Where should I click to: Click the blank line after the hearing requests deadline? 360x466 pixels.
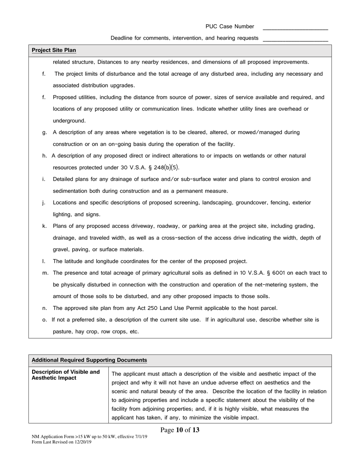tap(295, 39)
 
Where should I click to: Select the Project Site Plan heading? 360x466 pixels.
tap(54, 50)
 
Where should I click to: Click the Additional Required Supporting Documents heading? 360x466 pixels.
tap(89, 360)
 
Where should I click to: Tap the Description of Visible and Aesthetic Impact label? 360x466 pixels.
tap(66, 375)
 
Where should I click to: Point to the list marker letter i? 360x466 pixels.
tap(44, 179)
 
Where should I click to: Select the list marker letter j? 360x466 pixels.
tap(44, 203)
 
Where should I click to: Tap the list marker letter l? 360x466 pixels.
tap(44, 261)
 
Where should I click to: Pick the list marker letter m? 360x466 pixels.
tap(45, 273)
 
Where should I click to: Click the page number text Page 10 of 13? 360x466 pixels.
tap(180, 430)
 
